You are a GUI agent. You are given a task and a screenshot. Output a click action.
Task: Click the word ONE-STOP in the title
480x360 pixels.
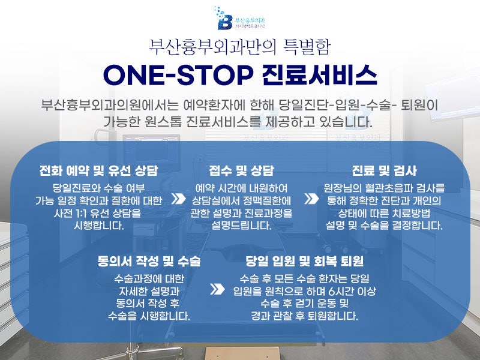(177, 76)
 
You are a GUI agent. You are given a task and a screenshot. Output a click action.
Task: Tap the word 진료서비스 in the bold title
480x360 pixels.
(320, 76)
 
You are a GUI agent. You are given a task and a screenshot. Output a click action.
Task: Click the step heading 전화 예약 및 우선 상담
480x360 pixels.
(98, 170)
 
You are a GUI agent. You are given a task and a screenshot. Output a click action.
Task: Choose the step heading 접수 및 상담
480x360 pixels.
(241, 170)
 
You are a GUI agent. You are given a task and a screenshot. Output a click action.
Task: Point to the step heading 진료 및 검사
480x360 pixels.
(384, 170)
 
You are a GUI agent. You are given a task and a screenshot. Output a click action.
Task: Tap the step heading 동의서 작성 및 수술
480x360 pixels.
(149, 261)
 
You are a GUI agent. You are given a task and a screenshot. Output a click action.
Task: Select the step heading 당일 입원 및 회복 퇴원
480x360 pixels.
(305, 261)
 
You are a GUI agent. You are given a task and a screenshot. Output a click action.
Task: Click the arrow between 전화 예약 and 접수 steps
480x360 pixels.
(178, 199)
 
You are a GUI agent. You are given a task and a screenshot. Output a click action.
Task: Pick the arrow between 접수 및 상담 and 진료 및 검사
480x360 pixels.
(311, 199)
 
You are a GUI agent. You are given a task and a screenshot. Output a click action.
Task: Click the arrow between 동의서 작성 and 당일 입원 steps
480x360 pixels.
(217, 289)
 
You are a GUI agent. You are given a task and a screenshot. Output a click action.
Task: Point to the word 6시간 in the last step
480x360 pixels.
(343, 291)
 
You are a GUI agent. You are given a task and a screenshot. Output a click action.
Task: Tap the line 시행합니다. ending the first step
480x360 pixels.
(98, 226)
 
